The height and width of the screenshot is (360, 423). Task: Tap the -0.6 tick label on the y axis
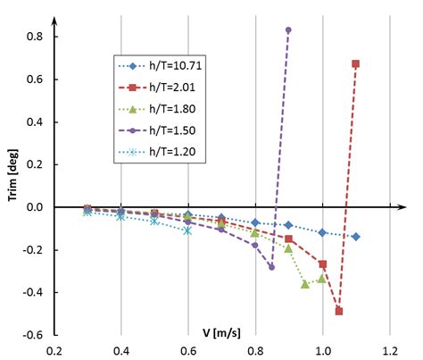pyautogui.click(x=34, y=335)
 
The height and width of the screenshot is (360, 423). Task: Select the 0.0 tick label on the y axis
pyautogui.click(x=36, y=207)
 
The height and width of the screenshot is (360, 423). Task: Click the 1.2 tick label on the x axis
pyautogui.click(x=389, y=350)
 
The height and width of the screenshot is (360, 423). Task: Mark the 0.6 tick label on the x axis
pyautogui.click(x=188, y=350)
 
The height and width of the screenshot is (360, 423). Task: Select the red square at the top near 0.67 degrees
pyautogui.click(x=356, y=63)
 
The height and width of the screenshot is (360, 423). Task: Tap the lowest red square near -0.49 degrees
pyautogui.click(x=339, y=311)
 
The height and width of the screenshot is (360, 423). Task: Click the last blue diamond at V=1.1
pyautogui.click(x=356, y=237)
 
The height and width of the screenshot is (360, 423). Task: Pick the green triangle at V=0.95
pyautogui.click(x=305, y=284)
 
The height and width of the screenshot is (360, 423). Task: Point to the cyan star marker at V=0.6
pyautogui.click(x=187, y=230)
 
